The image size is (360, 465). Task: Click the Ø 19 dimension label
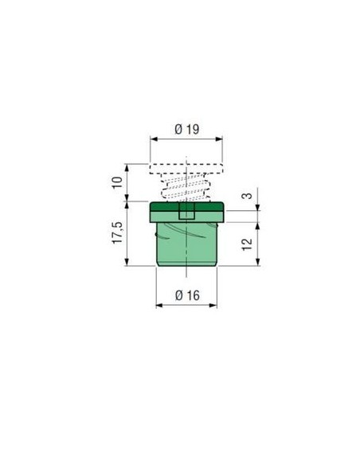[187, 129]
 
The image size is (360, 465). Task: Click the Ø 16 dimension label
[187, 295]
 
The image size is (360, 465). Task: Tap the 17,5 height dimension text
[117, 232]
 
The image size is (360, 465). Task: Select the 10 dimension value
[117, 182]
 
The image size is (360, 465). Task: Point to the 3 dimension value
[247, 196]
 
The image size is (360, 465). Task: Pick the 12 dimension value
[247, 244]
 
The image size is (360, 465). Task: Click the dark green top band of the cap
[186, 206]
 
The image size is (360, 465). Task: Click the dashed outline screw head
[186, 169]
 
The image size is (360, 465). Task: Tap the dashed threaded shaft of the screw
[186, 187]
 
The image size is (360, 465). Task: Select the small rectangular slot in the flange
[186, 210]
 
